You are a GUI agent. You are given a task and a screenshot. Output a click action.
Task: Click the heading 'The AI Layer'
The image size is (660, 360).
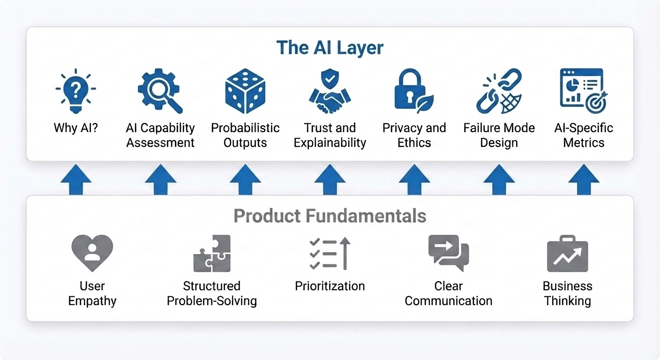click(330, 48)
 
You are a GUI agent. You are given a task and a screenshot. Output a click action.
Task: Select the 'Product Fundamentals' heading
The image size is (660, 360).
click(330, 216)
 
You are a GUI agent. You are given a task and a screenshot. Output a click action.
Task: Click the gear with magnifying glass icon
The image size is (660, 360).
click(160, 90)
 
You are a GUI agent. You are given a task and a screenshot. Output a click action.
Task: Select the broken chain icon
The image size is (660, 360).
click(499, 91)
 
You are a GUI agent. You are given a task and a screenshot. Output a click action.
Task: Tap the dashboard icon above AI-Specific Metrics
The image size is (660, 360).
click(583, 90)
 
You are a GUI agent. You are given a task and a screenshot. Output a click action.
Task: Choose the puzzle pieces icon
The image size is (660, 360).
click(212, 253)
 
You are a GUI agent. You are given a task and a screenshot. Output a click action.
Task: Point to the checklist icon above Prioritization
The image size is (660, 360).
click(330, 253)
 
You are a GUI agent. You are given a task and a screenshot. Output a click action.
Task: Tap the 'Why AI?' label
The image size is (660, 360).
click(76, 128)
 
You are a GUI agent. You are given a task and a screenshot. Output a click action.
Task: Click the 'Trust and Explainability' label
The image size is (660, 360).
click(330, 135)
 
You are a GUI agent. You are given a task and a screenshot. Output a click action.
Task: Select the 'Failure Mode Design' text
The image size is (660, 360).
click(499, 135)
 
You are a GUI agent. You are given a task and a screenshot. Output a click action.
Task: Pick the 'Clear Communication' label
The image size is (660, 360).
click(449, 293)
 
